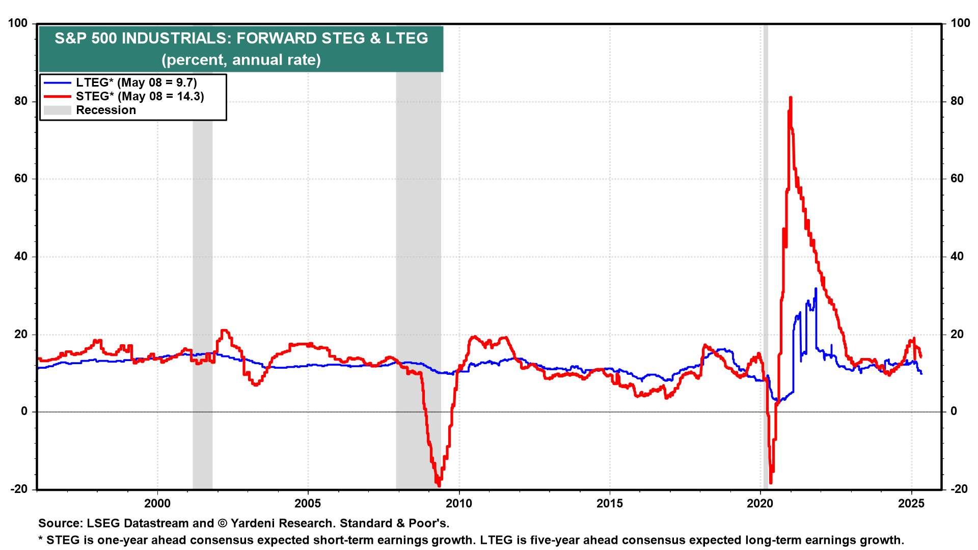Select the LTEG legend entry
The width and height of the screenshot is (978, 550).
pyautogui.click(x=136, y=82)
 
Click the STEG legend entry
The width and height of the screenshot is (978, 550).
pyautogui.click(x=140, y=96)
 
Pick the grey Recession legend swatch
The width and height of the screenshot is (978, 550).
pyautogui.click(x=57, y=110)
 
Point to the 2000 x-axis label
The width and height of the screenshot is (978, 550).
pyautogui.click(x=157, y=504)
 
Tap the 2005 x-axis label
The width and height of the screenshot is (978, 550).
pyautogui.click(x=308, y=504)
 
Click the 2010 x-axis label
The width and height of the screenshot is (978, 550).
pyautogui.click(x=458, y=504)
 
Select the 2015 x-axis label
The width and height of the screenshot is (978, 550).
pyautogui.click(x=609, y=504)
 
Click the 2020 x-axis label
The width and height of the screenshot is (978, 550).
pyautogui.click(x=760, y=504)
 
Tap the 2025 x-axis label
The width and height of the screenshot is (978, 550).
pyautogui.click(x=911, y=504)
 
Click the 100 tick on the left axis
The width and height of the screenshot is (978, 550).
pyautogui.click(x=18, y=23)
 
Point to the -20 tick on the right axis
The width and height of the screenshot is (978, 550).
pyautogui.click(x=959, y=489)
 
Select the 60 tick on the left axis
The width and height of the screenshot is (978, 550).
pyautogui.click(x=20, y=179)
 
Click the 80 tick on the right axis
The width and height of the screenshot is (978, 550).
pyautogui.click(x=957, y=101)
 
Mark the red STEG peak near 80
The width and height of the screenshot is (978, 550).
pyautogui.click(x=790, y=97)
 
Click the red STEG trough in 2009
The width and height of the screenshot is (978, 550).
pyautogui.click(x=439, y=485)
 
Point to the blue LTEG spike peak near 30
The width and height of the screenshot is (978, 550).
pyautogui.click(x=816, y=289)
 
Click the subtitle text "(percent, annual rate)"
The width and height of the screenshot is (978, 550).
pyautogui.click(x=241, y=60)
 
